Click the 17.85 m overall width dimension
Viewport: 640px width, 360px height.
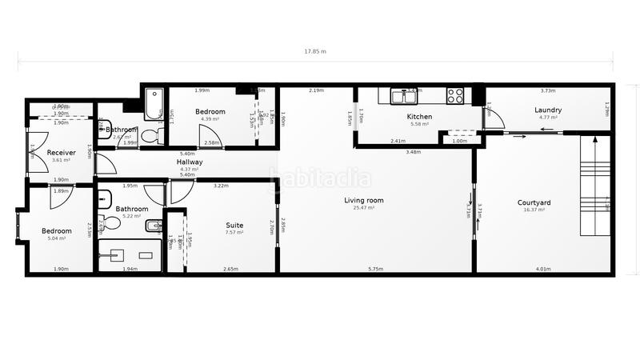[315, 51]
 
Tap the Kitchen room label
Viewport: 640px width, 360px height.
[419, 117]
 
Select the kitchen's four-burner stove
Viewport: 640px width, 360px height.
[455, 96]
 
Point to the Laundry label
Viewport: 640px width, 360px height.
[548, 110]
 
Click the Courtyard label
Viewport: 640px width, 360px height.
[534, 203]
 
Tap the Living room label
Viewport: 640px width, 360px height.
[364, 200]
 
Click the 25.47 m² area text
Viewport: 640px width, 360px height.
[364, 208]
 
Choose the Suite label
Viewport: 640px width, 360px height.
[234, 226]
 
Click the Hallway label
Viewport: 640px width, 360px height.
[190, 162]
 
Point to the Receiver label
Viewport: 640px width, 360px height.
[62, 153]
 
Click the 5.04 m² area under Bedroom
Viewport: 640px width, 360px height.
[56, 238]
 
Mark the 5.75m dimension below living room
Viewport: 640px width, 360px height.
[375, 270]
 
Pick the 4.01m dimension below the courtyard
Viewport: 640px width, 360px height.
[543, 270]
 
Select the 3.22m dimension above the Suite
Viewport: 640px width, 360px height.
[221, 186]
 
